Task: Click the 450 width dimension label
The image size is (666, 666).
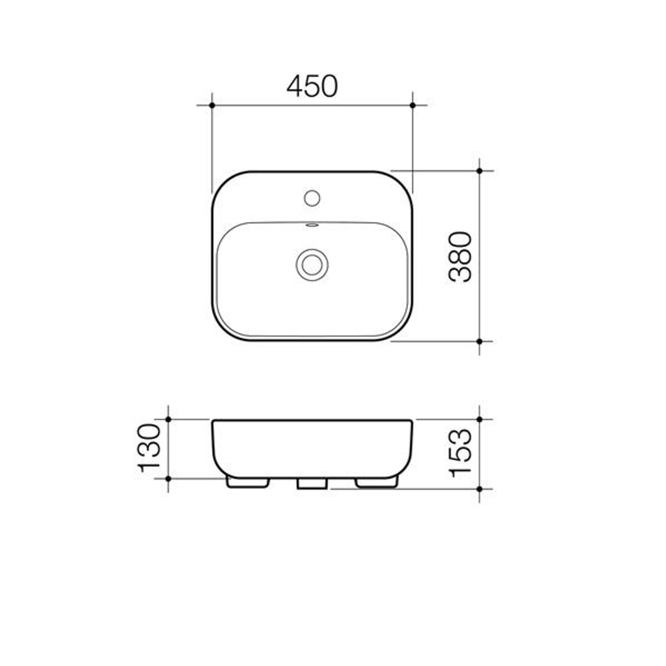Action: pos(312,86)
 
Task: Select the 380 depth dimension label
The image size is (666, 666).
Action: pos(461,257)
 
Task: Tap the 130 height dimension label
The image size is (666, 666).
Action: pos(150,448)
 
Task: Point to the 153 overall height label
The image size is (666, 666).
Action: pos(461,453)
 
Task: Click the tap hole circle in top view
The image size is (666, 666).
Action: pos(312,198)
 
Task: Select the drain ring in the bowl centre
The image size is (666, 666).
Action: pos(312,265)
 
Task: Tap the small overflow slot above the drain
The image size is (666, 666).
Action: pos(312,225)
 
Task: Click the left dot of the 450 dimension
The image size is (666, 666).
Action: pos(212,105)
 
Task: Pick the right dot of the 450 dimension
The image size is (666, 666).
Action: pos(413,105)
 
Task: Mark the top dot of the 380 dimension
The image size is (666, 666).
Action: pos(480,170)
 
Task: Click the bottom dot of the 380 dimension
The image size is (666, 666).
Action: pos(480,341)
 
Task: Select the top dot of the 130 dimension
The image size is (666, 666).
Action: pos(168,419)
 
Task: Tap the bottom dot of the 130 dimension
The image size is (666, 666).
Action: pos(168,478)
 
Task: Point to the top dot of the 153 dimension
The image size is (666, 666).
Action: pos(480,419)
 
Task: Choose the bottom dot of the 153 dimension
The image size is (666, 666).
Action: pos(480,488)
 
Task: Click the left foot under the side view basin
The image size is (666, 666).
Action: pos(248,482)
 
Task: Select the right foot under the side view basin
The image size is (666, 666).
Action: pos(377,482)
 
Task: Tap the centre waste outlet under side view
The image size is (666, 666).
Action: pos(311,483)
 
